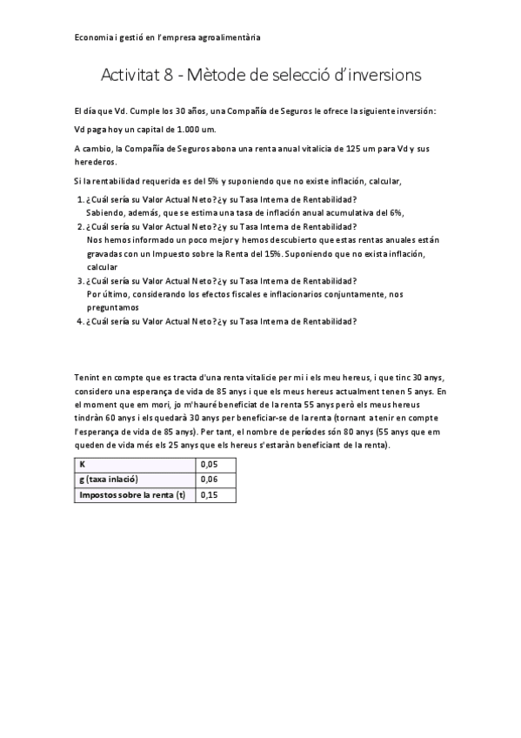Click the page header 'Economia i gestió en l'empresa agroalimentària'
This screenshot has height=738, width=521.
click(168, 38)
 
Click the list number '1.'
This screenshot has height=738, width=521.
click(80, 199)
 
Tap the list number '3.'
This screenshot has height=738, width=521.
click(80, 280)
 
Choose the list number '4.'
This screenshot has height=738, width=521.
click(80, 320)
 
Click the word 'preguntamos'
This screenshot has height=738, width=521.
click(113, 306)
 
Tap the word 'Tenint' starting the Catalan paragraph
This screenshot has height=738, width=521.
click(89, 377)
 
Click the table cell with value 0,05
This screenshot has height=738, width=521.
click(210, 463)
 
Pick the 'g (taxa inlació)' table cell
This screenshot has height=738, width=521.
click(110, 479)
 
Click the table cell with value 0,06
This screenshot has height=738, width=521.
click(210, 479)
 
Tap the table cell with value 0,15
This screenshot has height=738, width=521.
click(210, 494)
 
